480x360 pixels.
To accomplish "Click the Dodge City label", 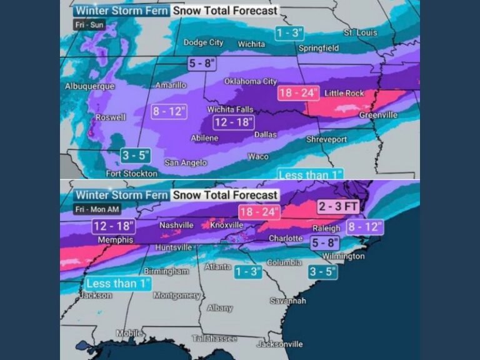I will [203, 42].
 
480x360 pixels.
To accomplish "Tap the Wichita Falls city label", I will [230, 109].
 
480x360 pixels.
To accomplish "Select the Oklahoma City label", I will [250, 82].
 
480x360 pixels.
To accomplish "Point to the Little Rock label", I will [344, 93].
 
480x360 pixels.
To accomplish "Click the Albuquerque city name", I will [89, 86].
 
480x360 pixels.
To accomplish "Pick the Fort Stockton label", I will [131, 174].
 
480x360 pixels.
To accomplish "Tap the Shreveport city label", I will [326, 139].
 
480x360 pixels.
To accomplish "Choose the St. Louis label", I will [361, 32].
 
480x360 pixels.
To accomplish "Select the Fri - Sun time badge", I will [89, 25].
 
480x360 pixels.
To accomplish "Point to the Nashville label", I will [176, 225].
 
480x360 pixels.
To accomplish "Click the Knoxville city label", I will [227, 225].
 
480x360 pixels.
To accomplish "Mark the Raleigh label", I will [325, 228].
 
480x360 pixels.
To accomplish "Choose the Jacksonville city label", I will [279, 344].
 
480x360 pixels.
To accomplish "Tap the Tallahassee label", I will [214, 338].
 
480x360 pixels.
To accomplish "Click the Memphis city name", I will [115, 240].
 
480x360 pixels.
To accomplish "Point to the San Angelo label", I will [185, 162].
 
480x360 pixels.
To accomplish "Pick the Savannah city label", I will [288, 301].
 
